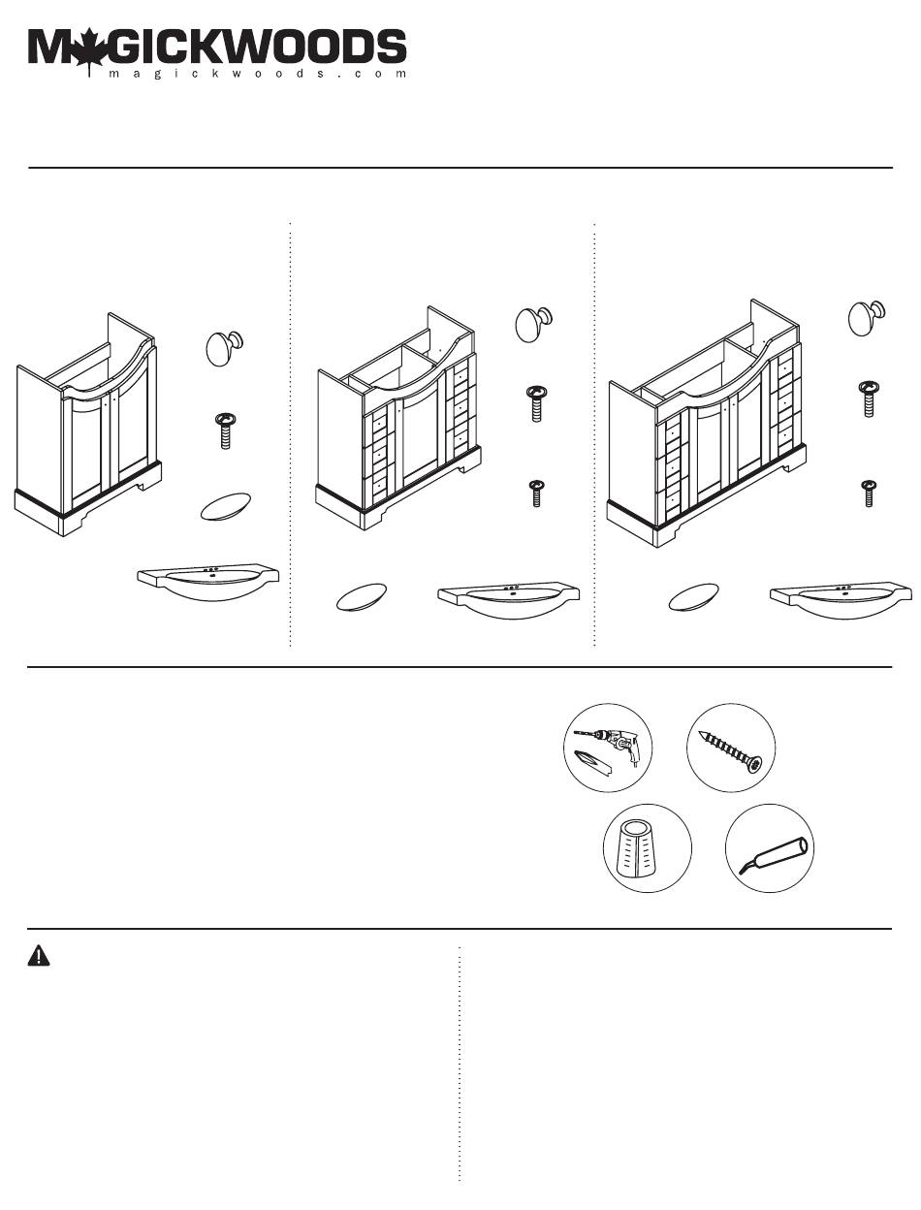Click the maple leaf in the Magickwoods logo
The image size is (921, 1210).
click(88, 50)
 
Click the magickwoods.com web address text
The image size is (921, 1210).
click(257, 74)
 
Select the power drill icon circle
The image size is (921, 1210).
click(608, 748)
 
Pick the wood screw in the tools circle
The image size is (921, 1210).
click(731, 748)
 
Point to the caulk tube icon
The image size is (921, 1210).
click(770, 848)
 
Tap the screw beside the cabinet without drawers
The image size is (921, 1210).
click(225, 427)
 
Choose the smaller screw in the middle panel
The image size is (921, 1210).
click(535, 493)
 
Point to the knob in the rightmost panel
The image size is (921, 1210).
click(867, 317)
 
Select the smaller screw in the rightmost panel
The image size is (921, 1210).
click(870, 492)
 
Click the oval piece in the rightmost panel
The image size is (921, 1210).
click(693, 596)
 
